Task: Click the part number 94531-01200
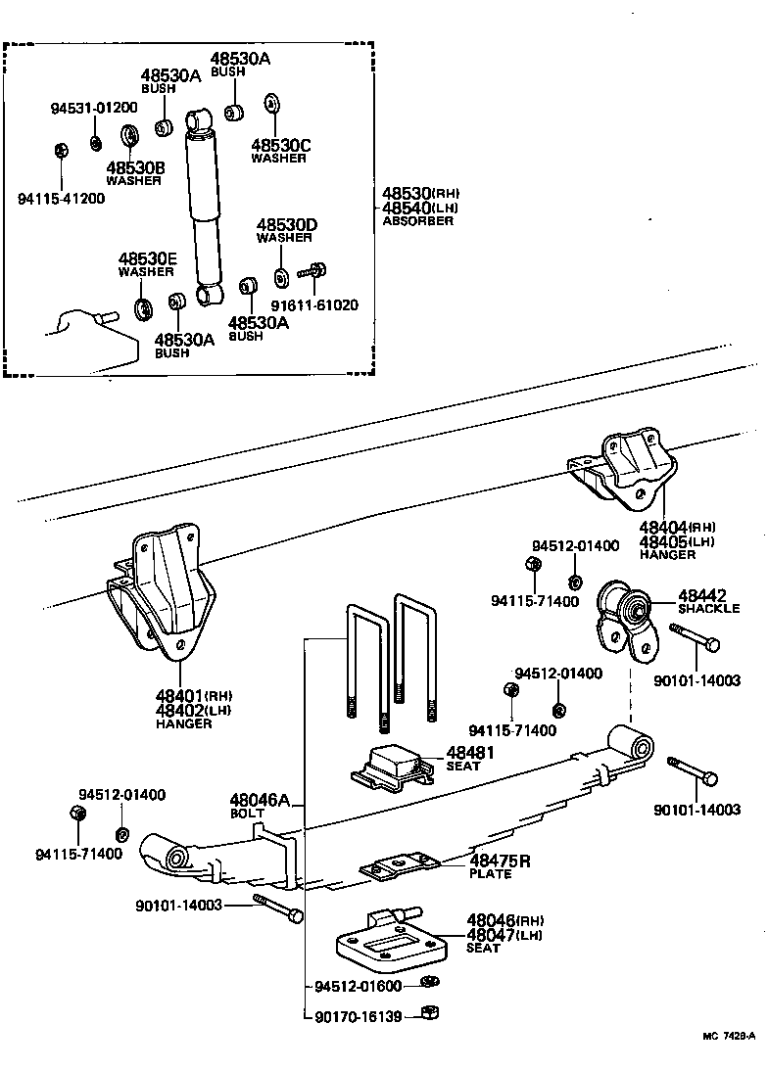[94, 108]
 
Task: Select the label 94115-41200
[61, 198]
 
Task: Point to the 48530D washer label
[286, 225]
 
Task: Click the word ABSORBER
[417, 221]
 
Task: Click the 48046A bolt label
[260, 801]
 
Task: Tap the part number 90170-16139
[359, 1016]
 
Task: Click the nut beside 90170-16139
[427, 1013]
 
